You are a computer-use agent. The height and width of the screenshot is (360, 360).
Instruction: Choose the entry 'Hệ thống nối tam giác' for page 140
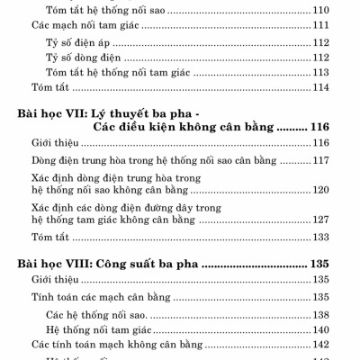pyautogui.click(x=101, y=329)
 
